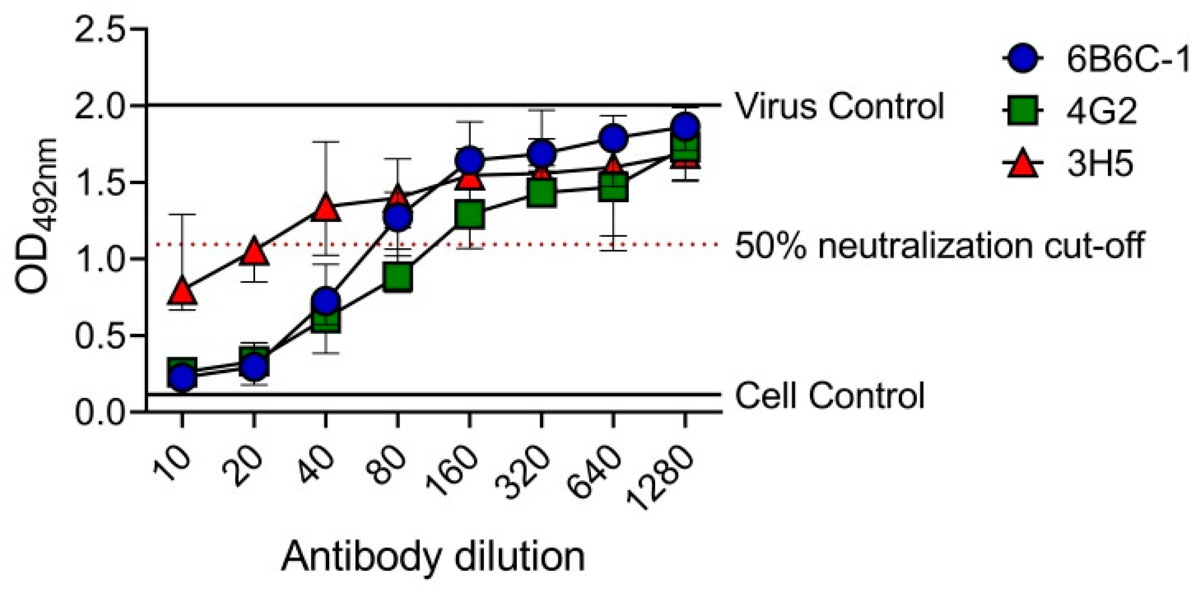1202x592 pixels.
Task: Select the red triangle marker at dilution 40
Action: [325, 208]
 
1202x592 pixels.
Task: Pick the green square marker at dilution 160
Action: [469, 214]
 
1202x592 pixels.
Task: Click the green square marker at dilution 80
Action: [397, 278]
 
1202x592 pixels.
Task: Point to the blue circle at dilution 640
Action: [613, 138]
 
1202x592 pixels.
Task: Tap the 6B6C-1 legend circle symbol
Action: [1023, 58]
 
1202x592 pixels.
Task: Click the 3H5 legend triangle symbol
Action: [1023, 165]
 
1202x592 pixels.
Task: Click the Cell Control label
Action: [829, 396]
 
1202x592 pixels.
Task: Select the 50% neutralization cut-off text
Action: [939, 245]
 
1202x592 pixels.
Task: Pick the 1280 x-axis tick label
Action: [660, 478]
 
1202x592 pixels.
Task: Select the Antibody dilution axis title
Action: [433, 556]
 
